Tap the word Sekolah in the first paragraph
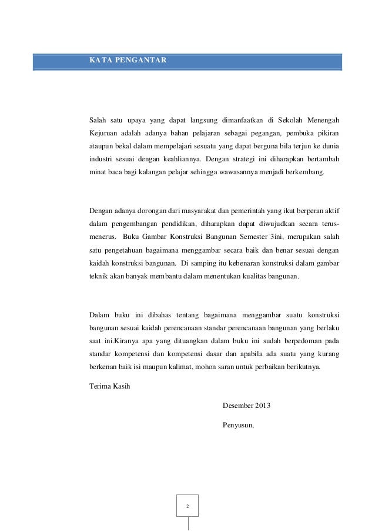click(284, 121)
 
